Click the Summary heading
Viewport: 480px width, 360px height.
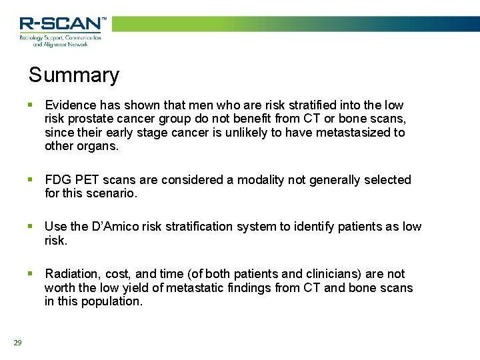click(73, 75)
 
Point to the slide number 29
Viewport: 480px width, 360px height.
click(17, 343)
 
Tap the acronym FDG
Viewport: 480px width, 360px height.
click(58, 180)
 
